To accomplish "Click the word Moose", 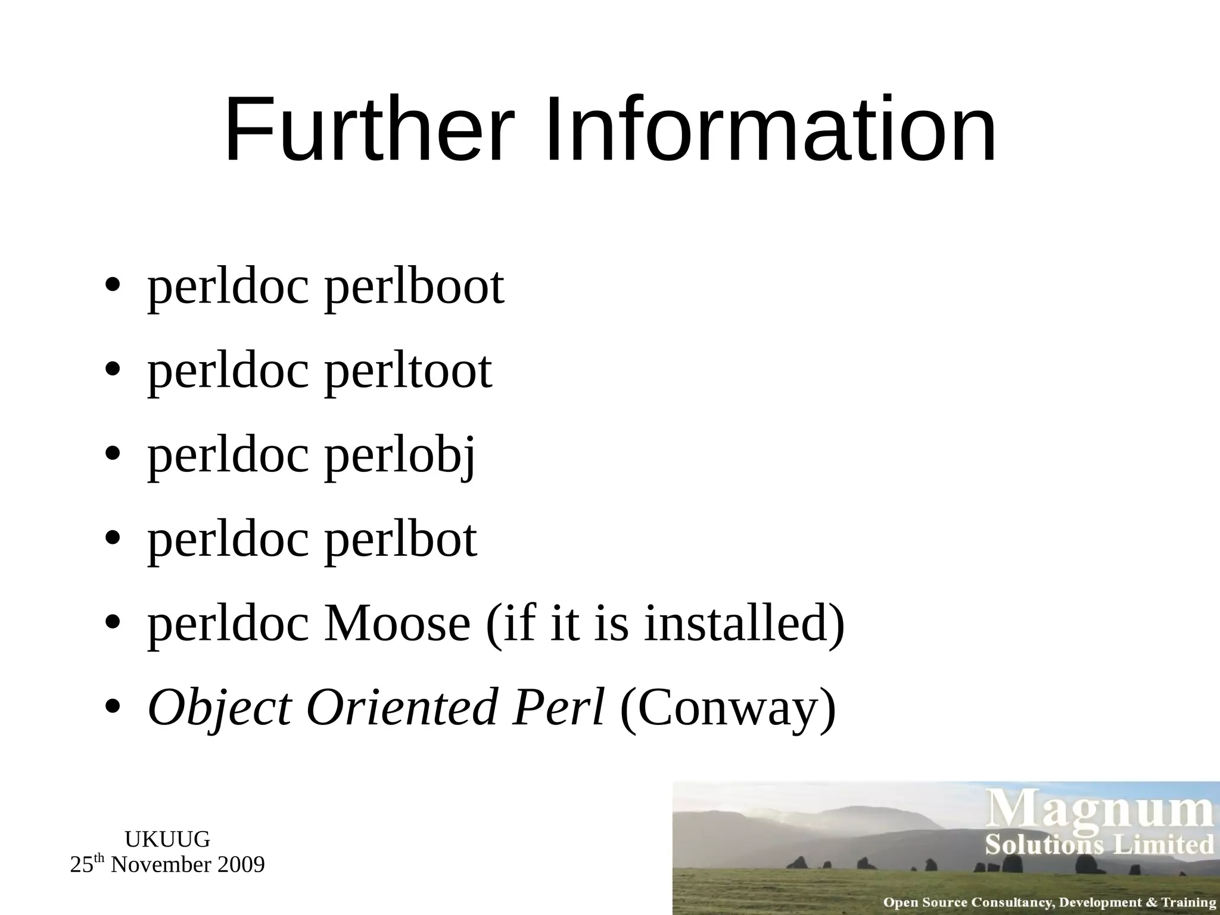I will tap(397, 625).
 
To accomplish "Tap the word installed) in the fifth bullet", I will tap(745, 625).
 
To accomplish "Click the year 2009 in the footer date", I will tap(241, 865).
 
